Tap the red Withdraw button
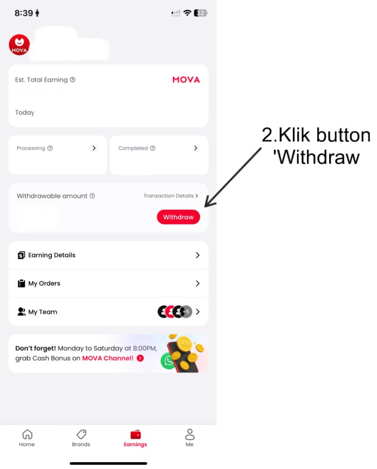pos(178,217)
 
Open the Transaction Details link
pos(171,196)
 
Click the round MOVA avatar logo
pos(19,45)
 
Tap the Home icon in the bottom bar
pos(27,434)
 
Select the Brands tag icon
pos(81,434)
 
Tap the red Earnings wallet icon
pos(135,434)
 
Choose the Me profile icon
pos(189,434)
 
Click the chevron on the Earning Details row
pos(197,255)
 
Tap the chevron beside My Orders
pos(197,283)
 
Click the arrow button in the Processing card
pos(94,148)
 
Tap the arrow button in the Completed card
pos(195,148)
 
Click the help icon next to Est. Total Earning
pos(72,80)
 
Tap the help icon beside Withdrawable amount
pos(92,196)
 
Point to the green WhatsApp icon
pos(168,361)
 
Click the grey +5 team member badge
pos(186,312)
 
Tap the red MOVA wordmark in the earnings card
pos(186,80)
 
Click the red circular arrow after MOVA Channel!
pos(140,358)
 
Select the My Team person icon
pos(21,312)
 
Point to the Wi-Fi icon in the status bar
pos(188,13)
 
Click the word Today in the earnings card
pos(25,112)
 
